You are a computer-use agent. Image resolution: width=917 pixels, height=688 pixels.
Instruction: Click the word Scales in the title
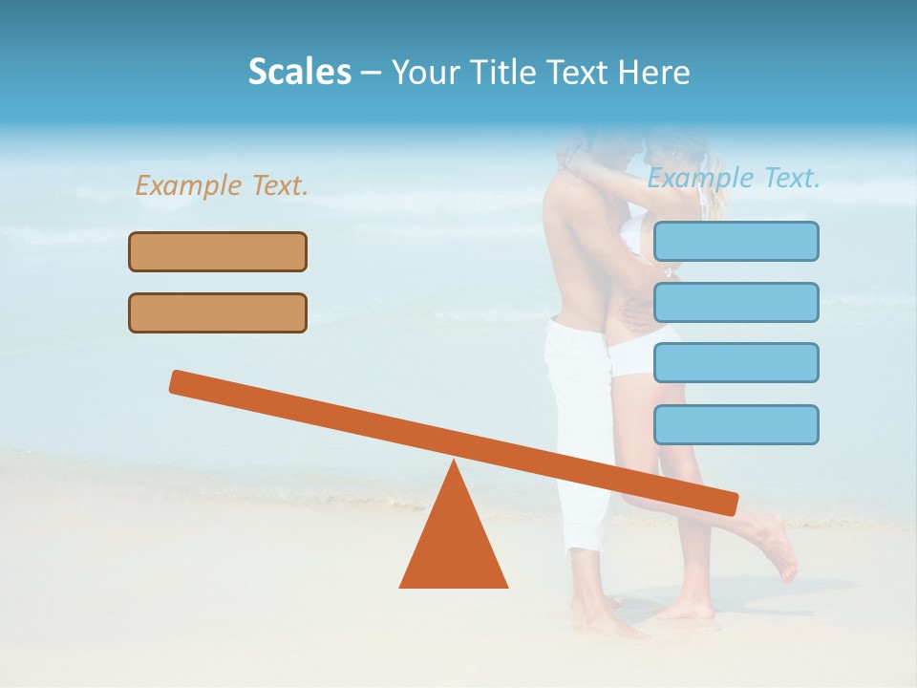tap(299, 73)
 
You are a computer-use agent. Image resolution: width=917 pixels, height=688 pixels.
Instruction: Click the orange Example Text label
tap(222, 185)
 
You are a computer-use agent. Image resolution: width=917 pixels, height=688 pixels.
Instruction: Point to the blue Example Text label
tap(734, 178)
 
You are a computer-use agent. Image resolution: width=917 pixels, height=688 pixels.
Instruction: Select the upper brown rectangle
tap(218, 251)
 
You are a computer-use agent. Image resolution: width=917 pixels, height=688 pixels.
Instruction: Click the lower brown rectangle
tap(218, 312)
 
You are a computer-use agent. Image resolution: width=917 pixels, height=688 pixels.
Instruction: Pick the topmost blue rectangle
tap(736, 241)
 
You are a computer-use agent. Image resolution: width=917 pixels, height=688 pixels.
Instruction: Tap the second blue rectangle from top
tap(736, 302)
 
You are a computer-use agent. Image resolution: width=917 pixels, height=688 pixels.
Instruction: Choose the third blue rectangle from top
tap(736, 362)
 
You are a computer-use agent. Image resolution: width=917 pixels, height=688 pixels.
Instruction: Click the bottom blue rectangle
tap(736, 424)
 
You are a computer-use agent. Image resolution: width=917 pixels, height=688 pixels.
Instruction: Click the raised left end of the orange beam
tap(181, 382)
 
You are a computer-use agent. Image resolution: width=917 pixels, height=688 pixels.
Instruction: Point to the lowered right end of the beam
tap(726, 502)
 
